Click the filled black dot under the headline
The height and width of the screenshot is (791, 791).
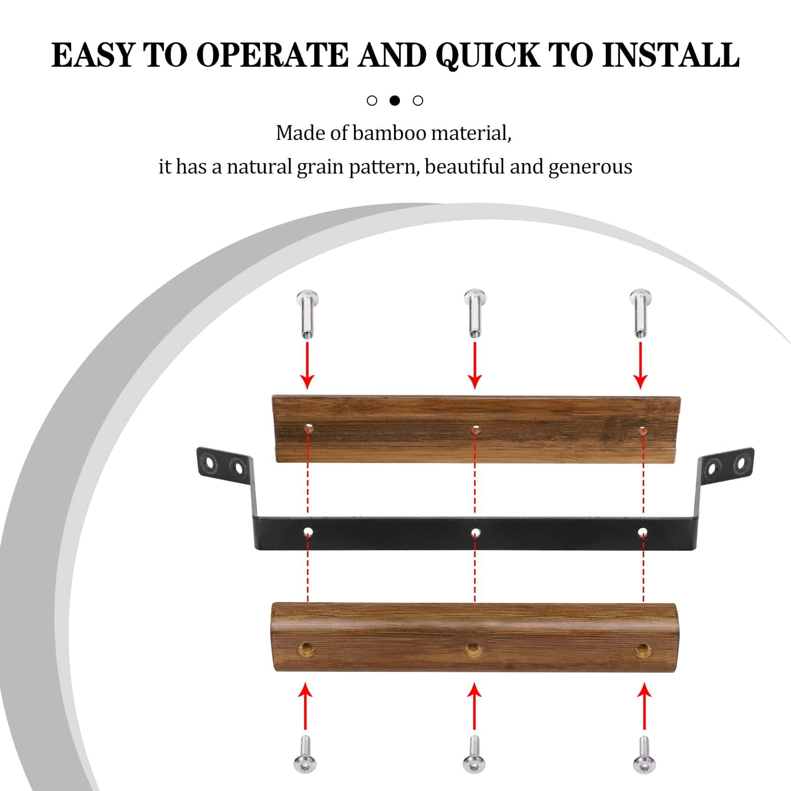click(x=395, y=100)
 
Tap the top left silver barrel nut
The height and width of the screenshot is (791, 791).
click(x=307, y=314)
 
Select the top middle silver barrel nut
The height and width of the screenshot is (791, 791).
click(x=475, y=313)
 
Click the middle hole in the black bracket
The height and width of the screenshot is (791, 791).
click(x=476, y=532)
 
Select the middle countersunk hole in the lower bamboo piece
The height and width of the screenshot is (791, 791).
click(x=474, y=649)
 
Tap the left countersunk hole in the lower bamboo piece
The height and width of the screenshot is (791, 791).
click(x=306, y=649)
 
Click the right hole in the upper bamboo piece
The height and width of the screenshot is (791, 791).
click(x=642, y=430)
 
